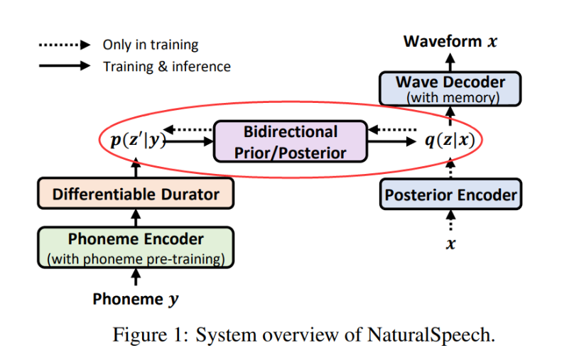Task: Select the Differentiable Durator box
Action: coord(136,194)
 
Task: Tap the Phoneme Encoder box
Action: coord(136,247)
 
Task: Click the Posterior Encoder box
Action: coord(450,194)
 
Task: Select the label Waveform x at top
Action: coord(450,41)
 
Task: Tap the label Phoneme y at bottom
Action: coord(136,299)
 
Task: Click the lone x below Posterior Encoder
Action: coord(450,244)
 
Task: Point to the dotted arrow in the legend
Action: coord(64,45)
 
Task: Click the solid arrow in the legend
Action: coord(64,66)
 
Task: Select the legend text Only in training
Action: coord(151,45)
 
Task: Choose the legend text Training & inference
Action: coord(167,66)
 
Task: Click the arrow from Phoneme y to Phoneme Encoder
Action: coord(136,278)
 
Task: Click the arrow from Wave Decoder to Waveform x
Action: coord(450,61)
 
